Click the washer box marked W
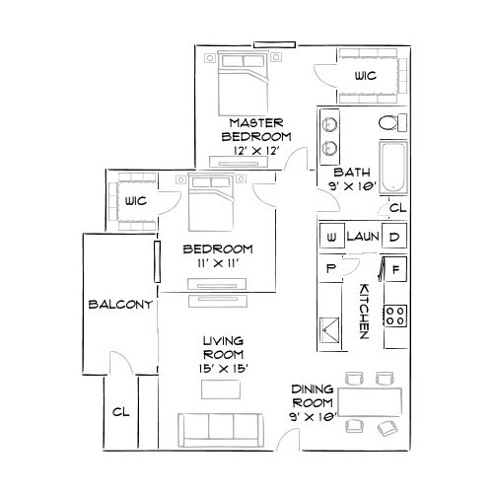click(x=331, y=238)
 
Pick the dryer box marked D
click(x=393, y=238)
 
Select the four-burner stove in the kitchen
click(x=395, y=317)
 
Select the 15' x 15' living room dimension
click(x=223, y=368)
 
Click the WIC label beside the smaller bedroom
click(x=136, y=201)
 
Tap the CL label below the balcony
click(x=121, y=411)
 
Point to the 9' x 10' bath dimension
click(x=352, y=183)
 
